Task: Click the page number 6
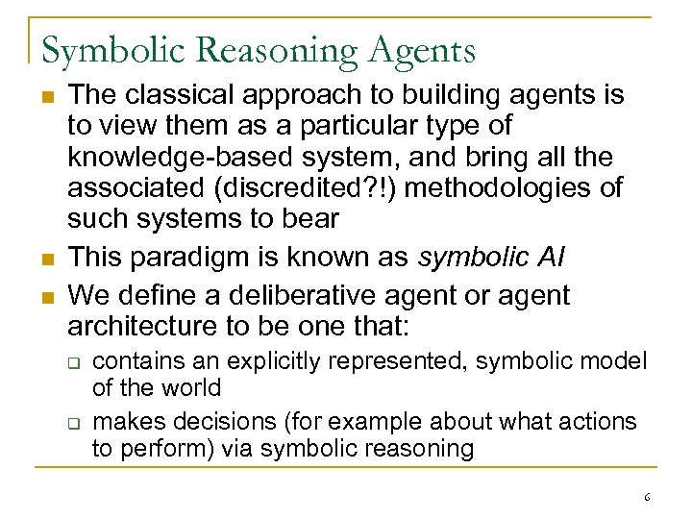click(x=647, y=497)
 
